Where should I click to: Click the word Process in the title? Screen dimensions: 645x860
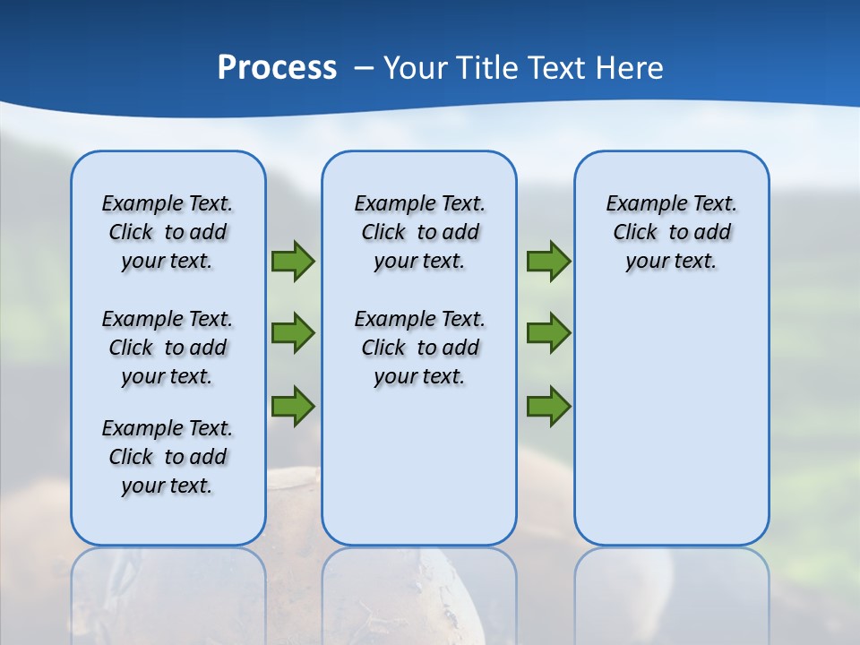click(x=277, y=68)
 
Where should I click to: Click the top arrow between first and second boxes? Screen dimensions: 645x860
click(x=293, y=262)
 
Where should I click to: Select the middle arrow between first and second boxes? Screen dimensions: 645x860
click(x=293, y=333)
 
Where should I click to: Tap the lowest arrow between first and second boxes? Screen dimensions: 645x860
click(x=293, y=406)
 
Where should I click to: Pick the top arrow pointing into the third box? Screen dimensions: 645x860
click(x=548, y=262)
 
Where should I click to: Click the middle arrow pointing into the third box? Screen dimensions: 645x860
click(x=548, y=333)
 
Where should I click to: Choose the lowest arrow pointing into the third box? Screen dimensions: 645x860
click(x=548, y=406)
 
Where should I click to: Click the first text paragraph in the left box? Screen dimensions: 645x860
click(x=168, y=232)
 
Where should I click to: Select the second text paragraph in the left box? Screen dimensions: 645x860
click(x=168, y=348)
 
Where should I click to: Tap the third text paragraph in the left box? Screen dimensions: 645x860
click(x=168, y=457)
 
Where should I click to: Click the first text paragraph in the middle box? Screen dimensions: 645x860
click(x=419, y=232)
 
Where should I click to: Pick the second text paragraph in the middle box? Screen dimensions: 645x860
click(x=419, y=348)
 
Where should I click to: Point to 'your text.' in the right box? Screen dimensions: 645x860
click(x=671, y=262)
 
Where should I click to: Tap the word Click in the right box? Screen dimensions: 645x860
click(x=635, y=233)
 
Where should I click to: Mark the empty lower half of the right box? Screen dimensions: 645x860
click(x=671, y=430)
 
